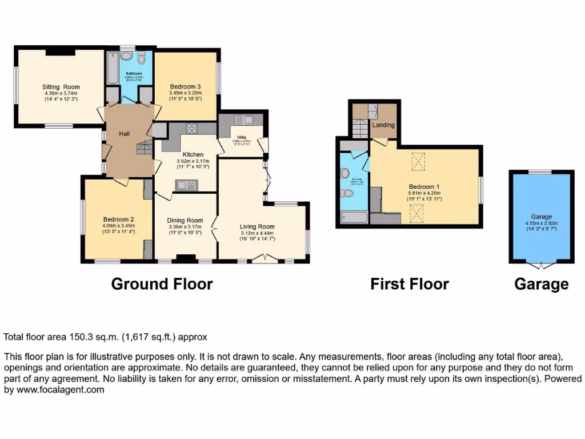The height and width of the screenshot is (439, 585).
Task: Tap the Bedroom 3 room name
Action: coord(185,87)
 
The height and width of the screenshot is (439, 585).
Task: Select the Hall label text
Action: coord(125,134)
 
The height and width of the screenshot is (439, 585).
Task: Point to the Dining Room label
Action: coord(185,221)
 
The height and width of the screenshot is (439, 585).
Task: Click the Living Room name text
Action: coord(257,226)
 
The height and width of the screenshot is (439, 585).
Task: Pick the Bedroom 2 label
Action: coord(118,219)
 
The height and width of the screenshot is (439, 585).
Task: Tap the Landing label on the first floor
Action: coord(383,125)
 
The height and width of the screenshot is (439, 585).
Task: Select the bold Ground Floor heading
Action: coord(162,284)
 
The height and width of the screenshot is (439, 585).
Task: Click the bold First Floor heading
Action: coord(410,284)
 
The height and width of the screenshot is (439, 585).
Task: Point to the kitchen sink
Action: coord(186,184)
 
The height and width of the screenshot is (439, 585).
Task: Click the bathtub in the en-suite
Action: coord(354,217)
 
